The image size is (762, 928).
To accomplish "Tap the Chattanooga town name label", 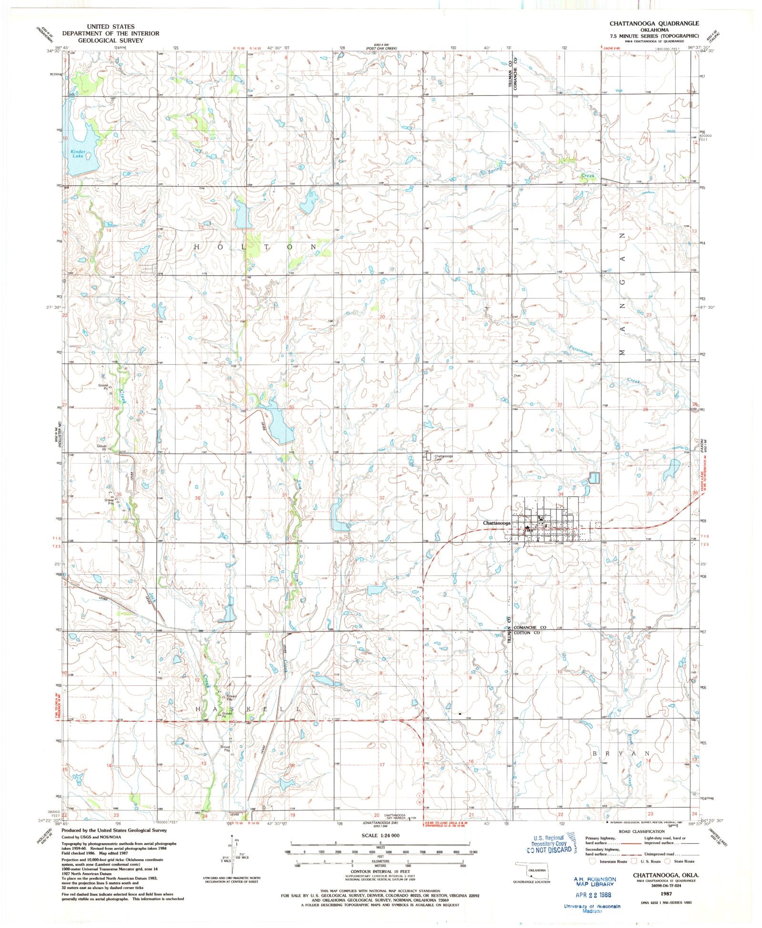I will pyautogui.click(x=496, y=523).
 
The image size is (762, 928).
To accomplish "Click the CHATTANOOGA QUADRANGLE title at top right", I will pyautogui.click(x=654, y=23).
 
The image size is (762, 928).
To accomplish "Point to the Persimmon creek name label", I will pyautogui.click(x=581, y=351).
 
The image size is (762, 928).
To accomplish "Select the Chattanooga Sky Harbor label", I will pyautogui.click(x=395, y=817).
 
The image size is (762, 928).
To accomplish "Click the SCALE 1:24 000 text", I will pyautogui.click(x=380, y=836).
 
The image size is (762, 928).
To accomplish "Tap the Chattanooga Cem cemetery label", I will pyautogui.click(x=442, y=457).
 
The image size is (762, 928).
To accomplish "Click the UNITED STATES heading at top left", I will pyautogui.click(x=110, y=27).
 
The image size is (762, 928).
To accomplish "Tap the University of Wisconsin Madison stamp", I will pyautogui.click(x=592, y=908).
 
